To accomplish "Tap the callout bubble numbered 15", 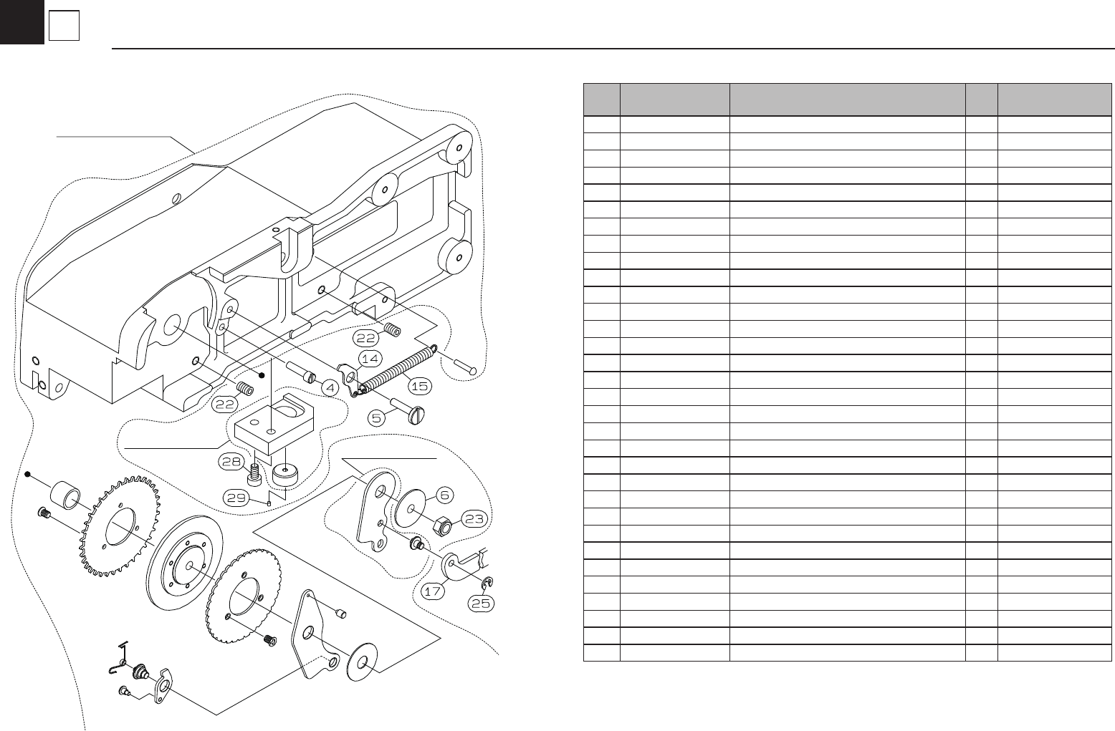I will coord(419,386).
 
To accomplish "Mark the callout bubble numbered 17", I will coord(432,592).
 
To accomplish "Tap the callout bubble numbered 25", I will coord(482,604).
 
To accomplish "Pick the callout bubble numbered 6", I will coord(445,494).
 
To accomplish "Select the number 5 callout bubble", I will coord(378,417).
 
